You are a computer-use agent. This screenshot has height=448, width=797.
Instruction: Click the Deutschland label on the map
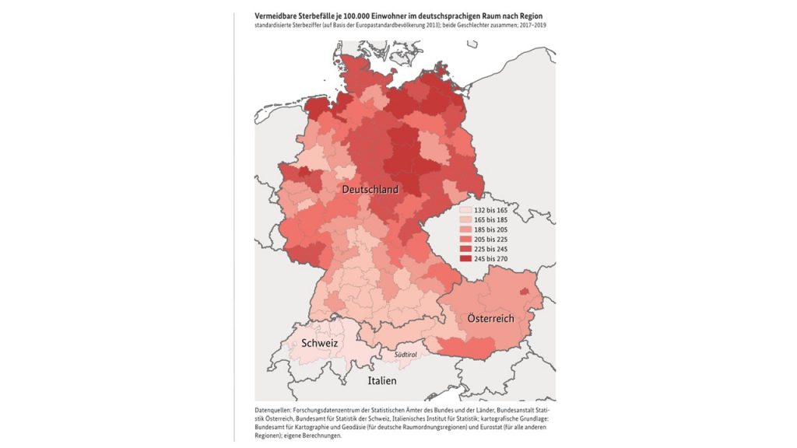(x=370, y=190)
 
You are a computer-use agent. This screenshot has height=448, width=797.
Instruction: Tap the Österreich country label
(x=490, y=319)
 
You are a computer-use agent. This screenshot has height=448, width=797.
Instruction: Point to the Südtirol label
(x=406, y=355)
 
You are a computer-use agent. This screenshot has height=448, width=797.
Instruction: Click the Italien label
(x=382, y=381)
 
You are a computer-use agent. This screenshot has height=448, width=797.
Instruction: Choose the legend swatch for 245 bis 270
(x=465, y=257)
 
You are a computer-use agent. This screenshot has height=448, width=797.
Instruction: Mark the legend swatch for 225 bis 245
(x=465, y=248)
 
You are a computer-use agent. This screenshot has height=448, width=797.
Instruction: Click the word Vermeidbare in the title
(x=278, y=16)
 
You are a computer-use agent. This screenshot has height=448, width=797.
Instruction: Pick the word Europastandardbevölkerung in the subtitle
(x=374, y=25)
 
